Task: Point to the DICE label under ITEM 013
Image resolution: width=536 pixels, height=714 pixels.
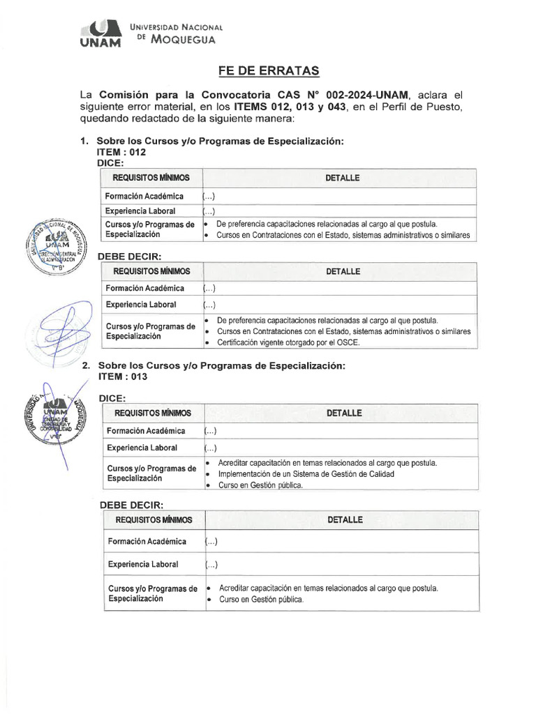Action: (x=112, y=398)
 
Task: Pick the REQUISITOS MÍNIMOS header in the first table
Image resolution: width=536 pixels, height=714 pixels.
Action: (x=151, y=178)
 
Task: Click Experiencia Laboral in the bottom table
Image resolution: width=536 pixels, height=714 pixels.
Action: (x=143, y=564)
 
